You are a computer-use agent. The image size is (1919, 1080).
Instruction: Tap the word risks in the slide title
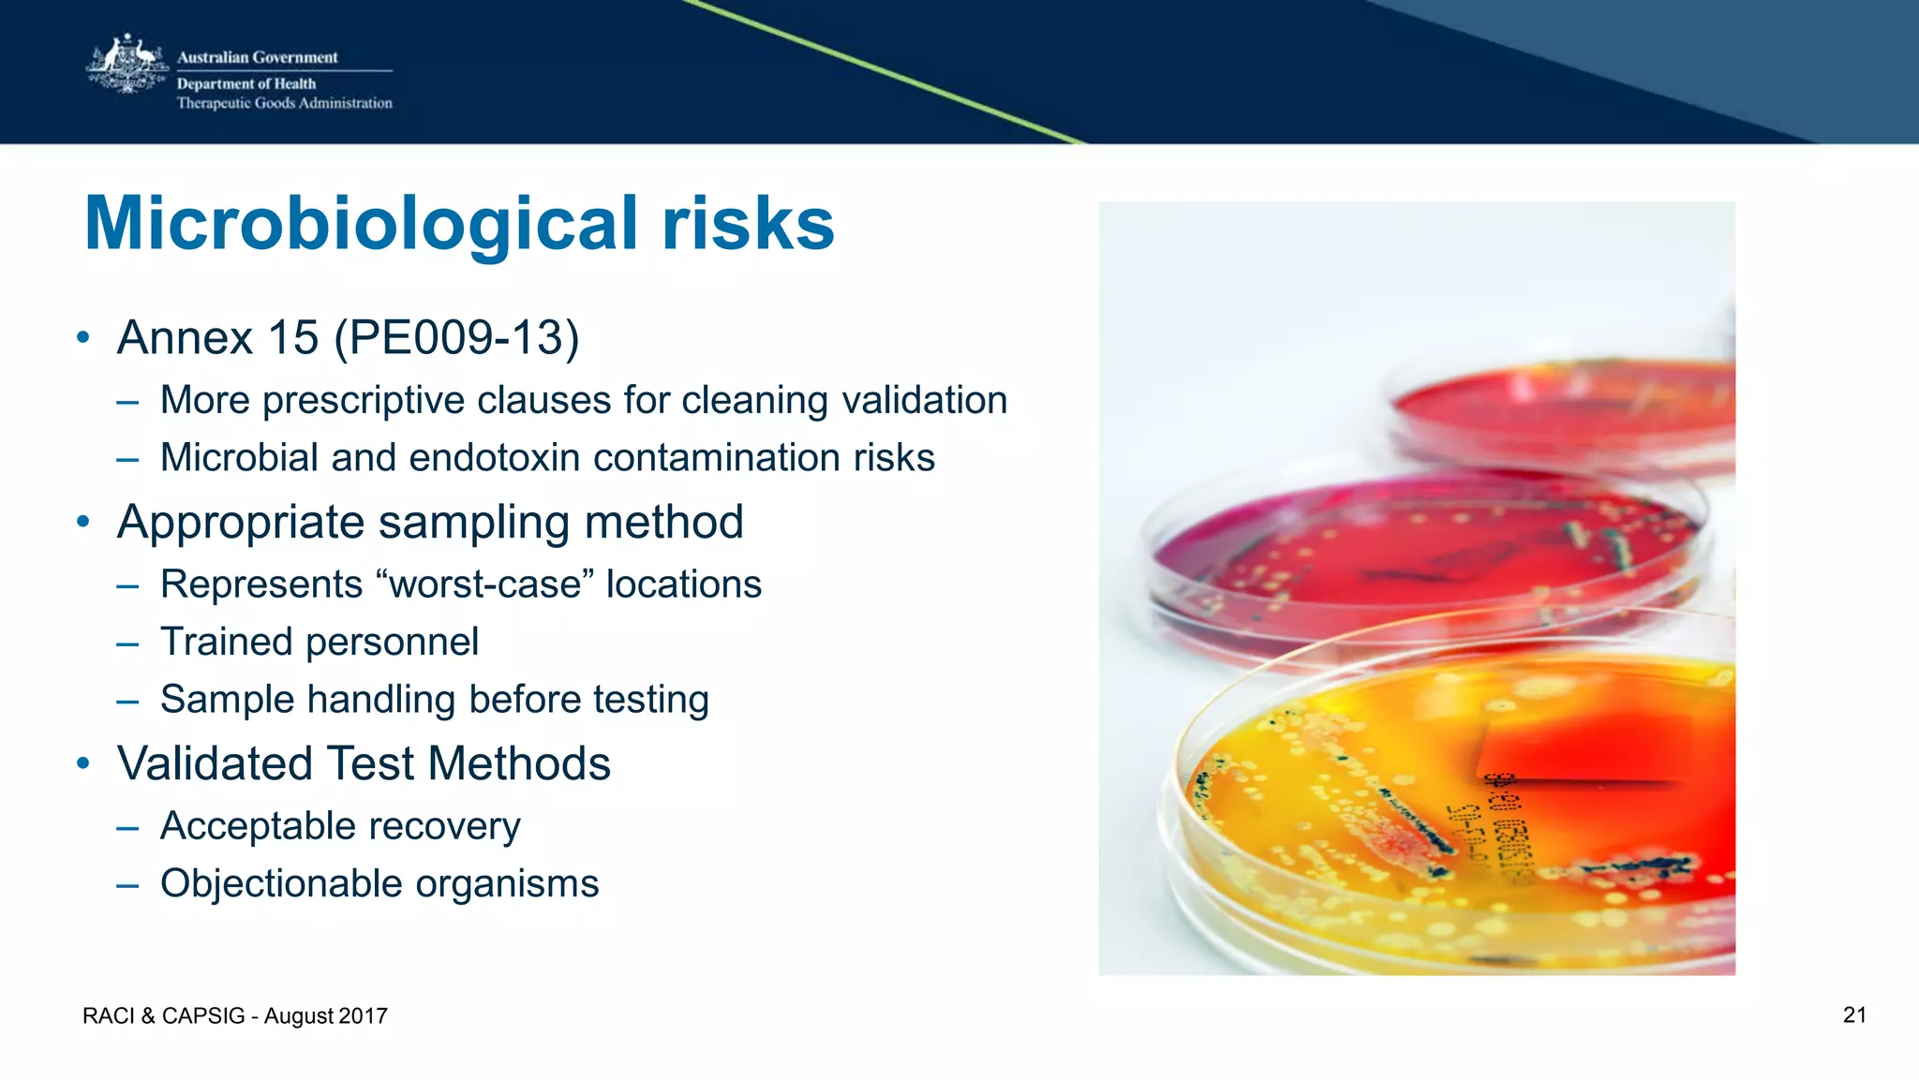pos(747,225)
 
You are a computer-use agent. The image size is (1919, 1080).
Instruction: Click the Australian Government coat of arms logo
pos(126,66)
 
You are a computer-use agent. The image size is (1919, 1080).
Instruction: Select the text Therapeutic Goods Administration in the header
pos(284,103)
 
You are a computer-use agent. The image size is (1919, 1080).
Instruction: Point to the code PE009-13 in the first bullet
pos(457,337)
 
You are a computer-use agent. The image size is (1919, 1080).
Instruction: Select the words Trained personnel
pos(320,643)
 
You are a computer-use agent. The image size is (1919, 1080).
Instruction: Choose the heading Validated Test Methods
pos(364,763)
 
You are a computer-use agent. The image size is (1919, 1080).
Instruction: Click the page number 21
pos(1854,1015)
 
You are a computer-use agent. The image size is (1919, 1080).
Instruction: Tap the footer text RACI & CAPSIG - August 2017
pos(235,1016)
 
